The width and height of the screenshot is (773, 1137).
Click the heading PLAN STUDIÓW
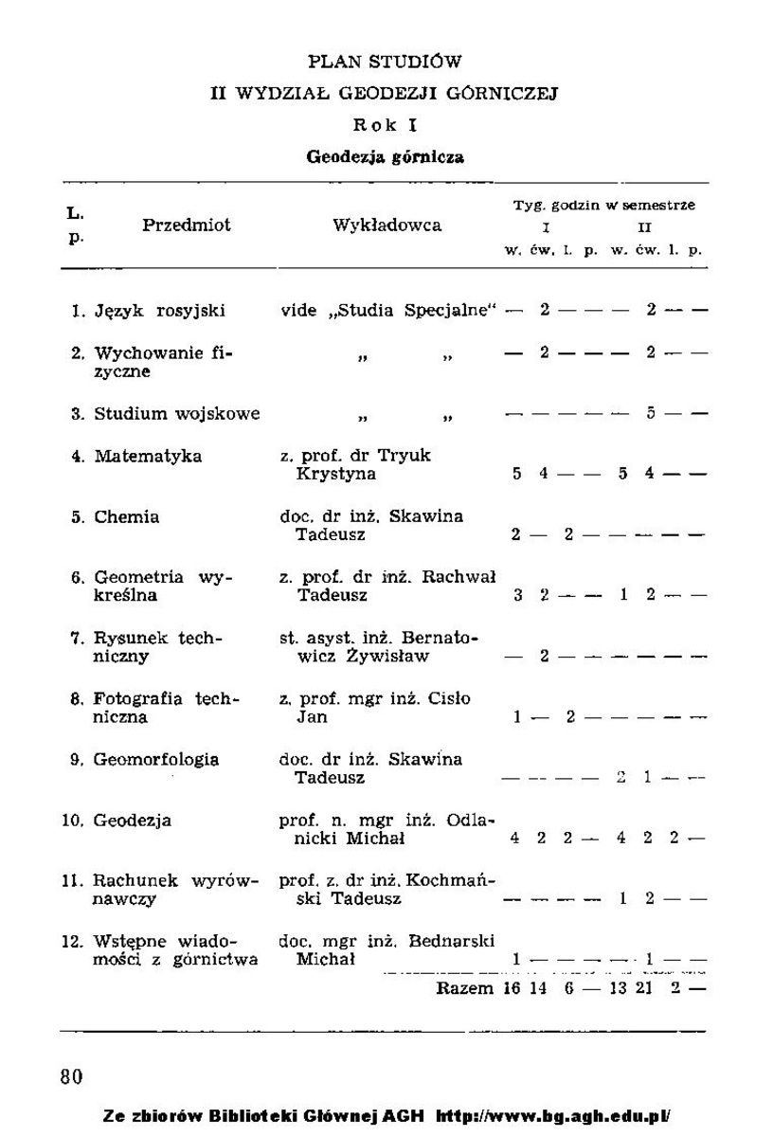coord(385,63)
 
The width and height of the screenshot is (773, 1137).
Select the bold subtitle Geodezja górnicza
coord(385,157)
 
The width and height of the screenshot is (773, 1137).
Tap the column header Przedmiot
coord(187,226)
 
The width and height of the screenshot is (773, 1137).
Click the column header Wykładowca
coord(386,226)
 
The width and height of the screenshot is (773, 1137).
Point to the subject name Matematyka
coord(148,456)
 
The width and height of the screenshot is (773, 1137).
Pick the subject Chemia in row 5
coord(126,517)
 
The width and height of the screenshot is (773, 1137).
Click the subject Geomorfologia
coord(156,759)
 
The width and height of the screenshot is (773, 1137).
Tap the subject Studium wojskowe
coord(176,414)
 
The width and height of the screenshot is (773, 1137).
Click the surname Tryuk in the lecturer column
coord(407,456)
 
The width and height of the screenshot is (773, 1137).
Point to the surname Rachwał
coord(459,578)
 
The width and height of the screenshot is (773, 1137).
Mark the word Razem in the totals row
coord(465,989)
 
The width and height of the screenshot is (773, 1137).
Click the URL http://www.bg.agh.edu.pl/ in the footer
coord(553,1116)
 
